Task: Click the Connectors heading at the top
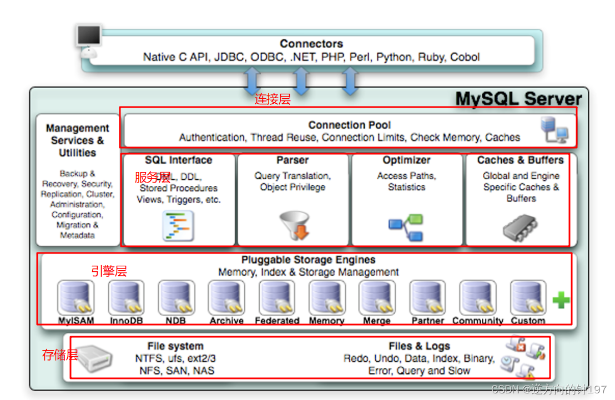[x=311, y=44]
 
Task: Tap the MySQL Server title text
[x=518, y=99]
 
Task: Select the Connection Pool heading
[x=349, y=125]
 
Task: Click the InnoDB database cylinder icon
[x=126, y=298]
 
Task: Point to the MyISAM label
[x=76, y=321]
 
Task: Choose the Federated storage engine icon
[x=277, y=298]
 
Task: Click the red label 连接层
[x=273, y=99]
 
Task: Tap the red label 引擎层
[x=109, y=271]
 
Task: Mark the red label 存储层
[x=60, y=355]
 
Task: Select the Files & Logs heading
[x=419, y=346]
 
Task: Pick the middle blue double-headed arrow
[x=300, y=80]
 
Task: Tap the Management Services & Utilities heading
[x=77, y=140]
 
